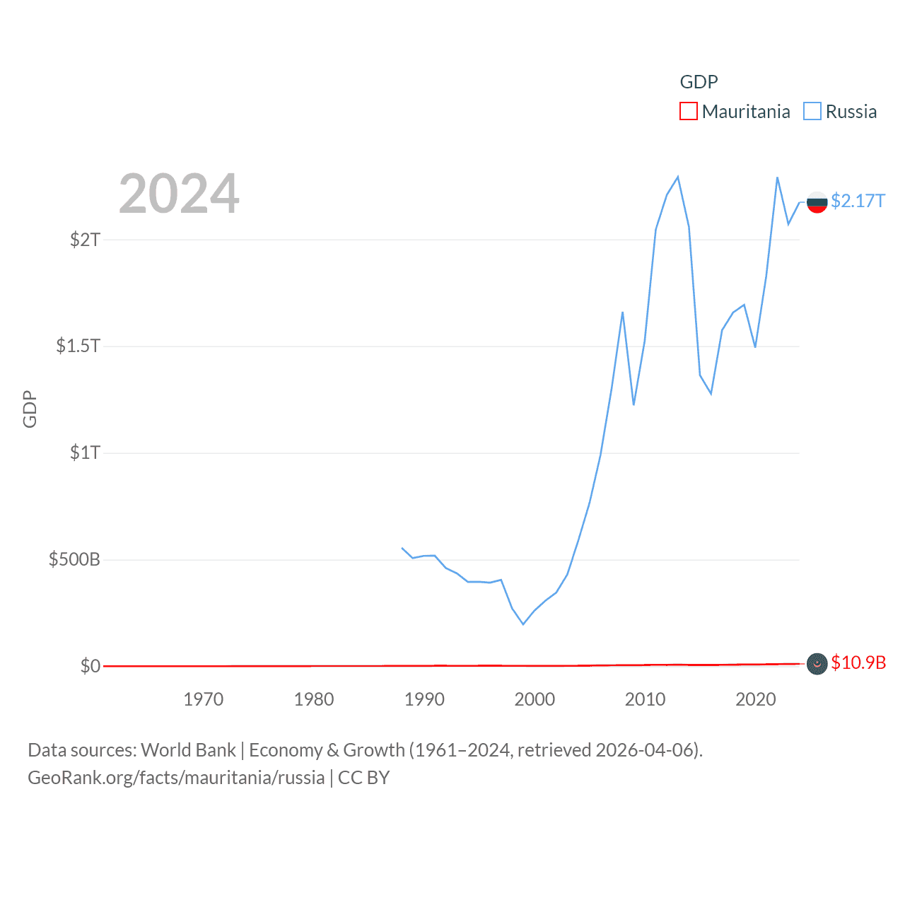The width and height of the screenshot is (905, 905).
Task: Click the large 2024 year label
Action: tap(179, 194)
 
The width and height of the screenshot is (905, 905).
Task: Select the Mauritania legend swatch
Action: tap(688, 112)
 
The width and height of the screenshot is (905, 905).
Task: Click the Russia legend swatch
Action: tap(812, 112)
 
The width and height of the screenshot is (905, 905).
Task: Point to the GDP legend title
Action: tap(699, 82)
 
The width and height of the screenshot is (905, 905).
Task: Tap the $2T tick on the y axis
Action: tap(85, 240)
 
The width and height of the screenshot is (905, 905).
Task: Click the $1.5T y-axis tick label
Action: tap(78, 346)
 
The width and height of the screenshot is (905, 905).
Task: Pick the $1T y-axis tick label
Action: tap(85, 452)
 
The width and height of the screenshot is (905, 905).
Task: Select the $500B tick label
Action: tap(74, 560)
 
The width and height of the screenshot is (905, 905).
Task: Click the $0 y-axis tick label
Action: tap(90, 666)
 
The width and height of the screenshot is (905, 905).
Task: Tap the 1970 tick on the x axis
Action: tap(204, 699)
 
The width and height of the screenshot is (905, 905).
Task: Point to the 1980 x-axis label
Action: tap(314, 699)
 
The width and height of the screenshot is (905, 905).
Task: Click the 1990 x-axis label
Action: tap(424, 699)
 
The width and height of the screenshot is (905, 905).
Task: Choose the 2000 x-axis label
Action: tap(535, 699)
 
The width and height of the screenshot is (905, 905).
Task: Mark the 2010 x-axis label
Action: tap(645, 699)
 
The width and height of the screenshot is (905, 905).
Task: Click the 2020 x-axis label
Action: tap(755, 699)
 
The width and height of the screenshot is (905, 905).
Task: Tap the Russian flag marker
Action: tap(817, 202)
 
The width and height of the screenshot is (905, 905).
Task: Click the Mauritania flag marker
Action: tap(817, 663)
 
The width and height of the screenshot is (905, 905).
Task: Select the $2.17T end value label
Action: tap(858, 202)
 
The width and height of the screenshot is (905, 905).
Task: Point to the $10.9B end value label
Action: tap(858, 662)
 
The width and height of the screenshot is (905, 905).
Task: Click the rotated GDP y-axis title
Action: tap(30, 409)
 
